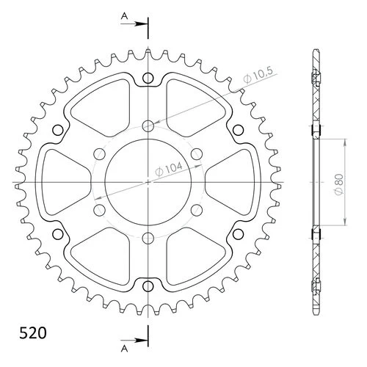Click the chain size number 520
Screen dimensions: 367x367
click(x=29, y=332)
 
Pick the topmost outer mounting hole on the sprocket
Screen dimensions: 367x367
click(x=148, y=79)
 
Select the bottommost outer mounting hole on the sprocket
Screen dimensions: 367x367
click(x=148, y=286)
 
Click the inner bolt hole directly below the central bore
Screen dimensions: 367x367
click(x=148, y=237)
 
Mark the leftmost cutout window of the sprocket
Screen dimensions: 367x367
click(x=62, y=181)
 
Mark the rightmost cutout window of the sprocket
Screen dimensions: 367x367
click(x=233, y=181)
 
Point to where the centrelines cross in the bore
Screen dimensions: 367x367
click(x=148, y=182)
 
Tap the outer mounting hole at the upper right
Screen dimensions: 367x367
click(x=237, y=131)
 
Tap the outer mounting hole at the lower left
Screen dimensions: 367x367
click(x=59, y=233)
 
